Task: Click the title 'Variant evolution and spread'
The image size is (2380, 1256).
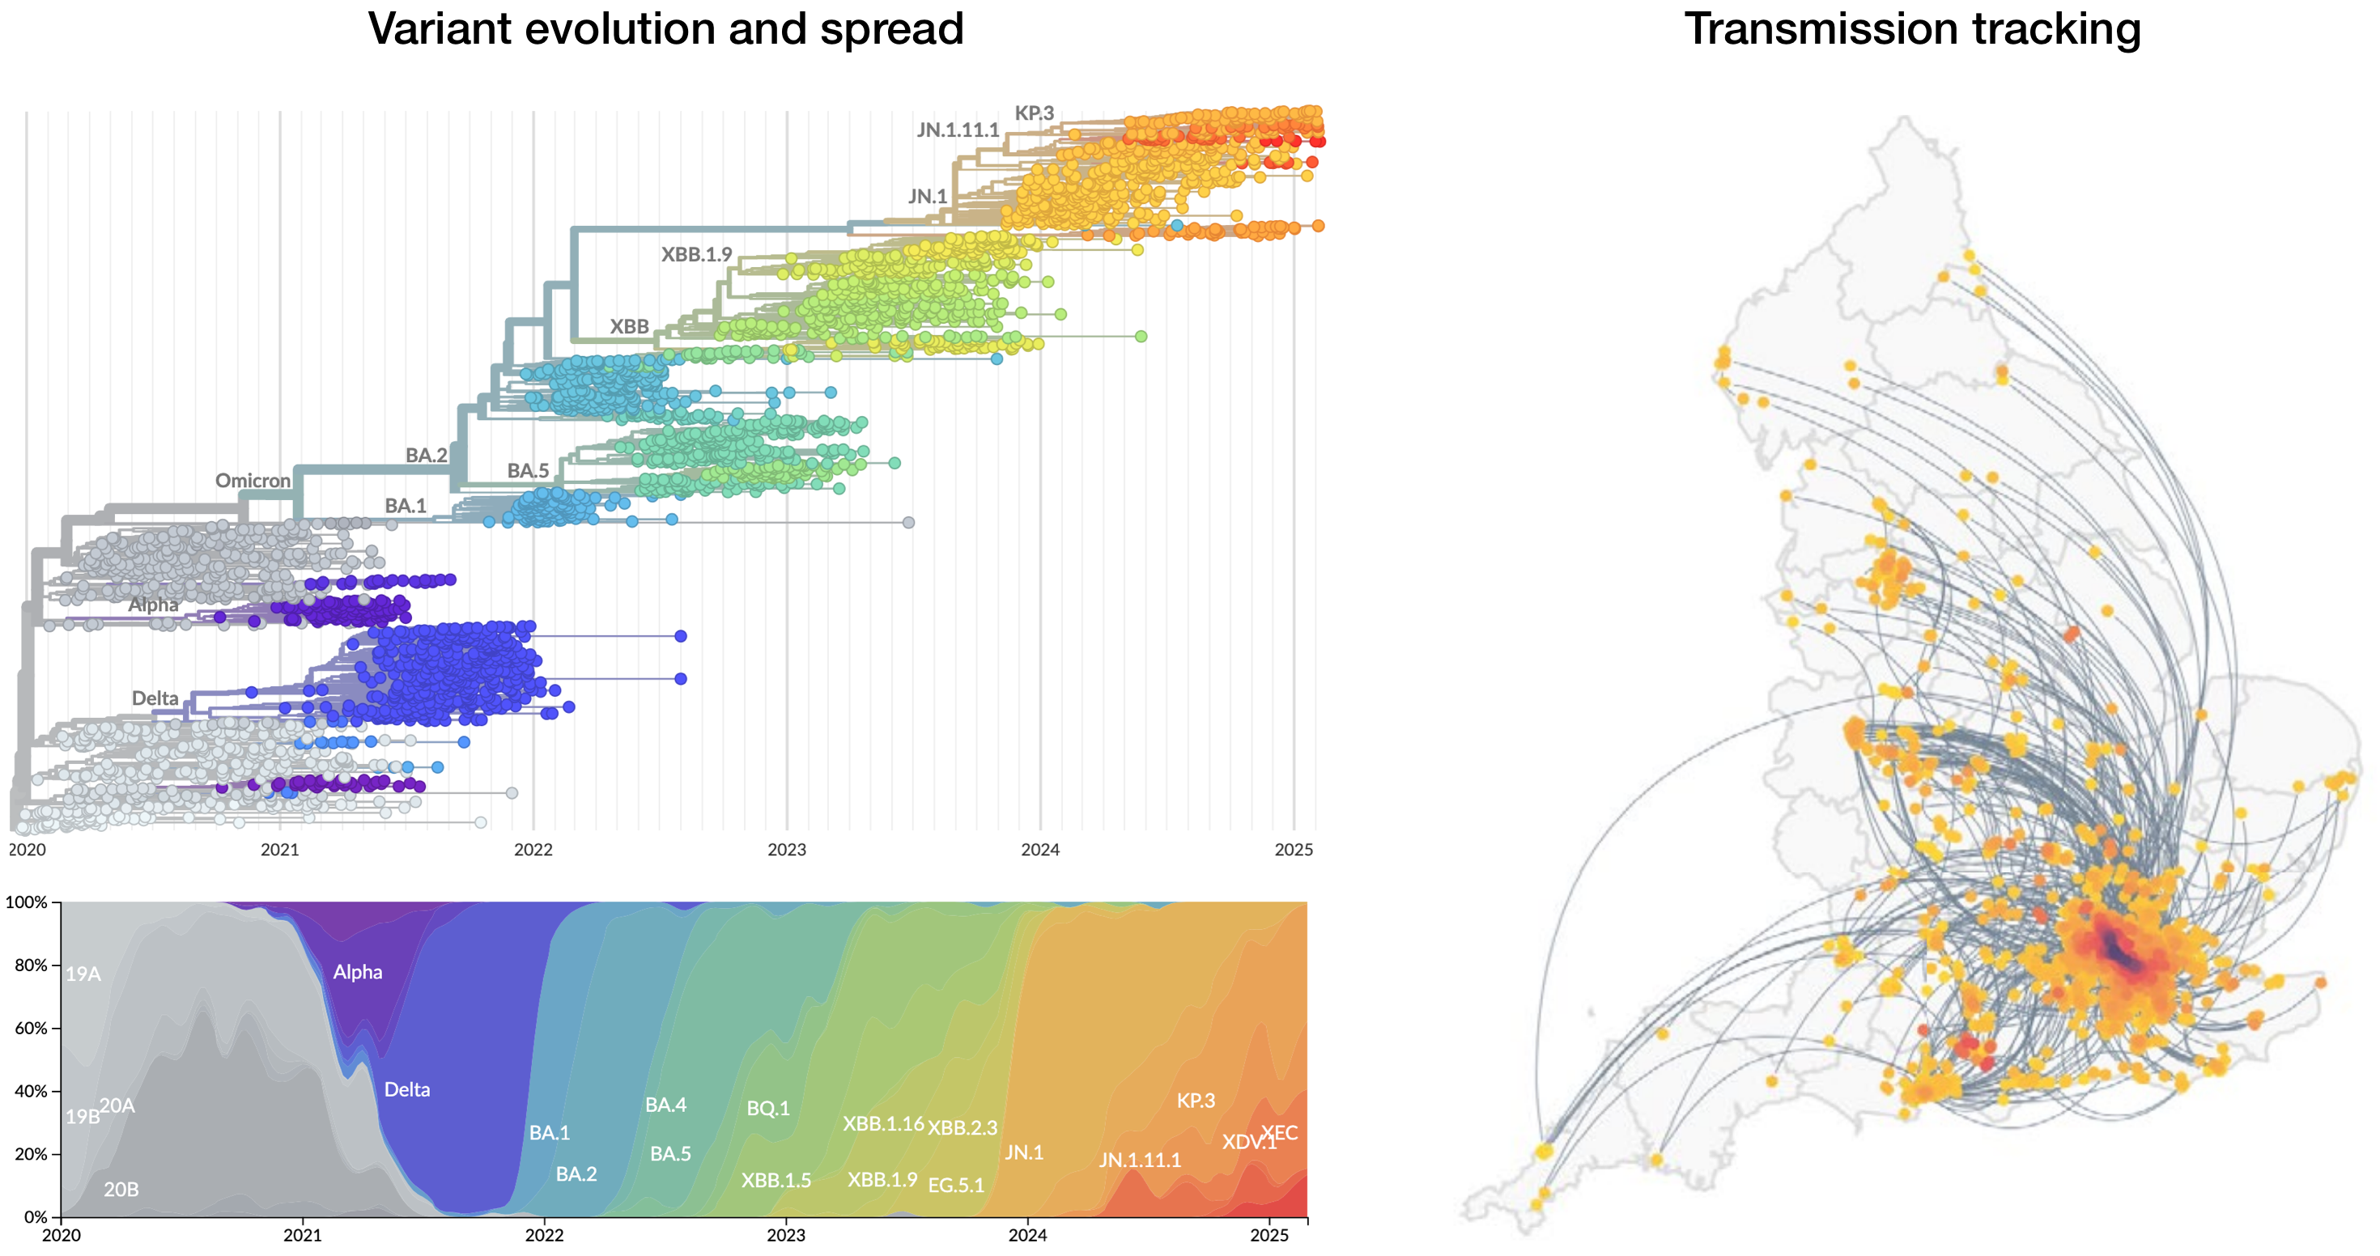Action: tap(665, 30)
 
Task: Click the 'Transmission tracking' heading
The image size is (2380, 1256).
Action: tap(1911, 30)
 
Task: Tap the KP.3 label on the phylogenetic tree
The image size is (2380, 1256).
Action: tap(1034, 113)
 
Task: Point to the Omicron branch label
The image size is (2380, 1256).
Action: tap(253, 482)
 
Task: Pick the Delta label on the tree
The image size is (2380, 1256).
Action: tap(155, 699)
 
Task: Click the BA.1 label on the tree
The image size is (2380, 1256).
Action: tap(405, 506)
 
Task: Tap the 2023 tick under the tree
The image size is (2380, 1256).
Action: tap(786, 850)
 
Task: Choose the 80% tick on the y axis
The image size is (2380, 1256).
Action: tap(31, 965)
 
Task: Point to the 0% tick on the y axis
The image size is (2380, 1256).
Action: tap(35, 1217)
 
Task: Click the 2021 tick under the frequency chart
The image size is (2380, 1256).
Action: tap(302, 1236)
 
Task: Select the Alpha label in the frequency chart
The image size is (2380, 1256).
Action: tap(358, 973)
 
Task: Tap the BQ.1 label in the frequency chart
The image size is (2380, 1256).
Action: tap(767, 1108)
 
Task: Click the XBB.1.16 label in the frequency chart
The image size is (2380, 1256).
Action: tap(882, 1124)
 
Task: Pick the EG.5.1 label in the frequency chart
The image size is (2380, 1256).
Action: tap(955, 1186)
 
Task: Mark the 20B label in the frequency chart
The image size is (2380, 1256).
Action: tap(121, 1190)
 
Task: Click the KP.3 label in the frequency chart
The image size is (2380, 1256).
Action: tap(1196, 1101)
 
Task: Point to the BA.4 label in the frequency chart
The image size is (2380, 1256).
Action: tap(665, 1105)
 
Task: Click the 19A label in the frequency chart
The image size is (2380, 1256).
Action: tap(83, 974)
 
